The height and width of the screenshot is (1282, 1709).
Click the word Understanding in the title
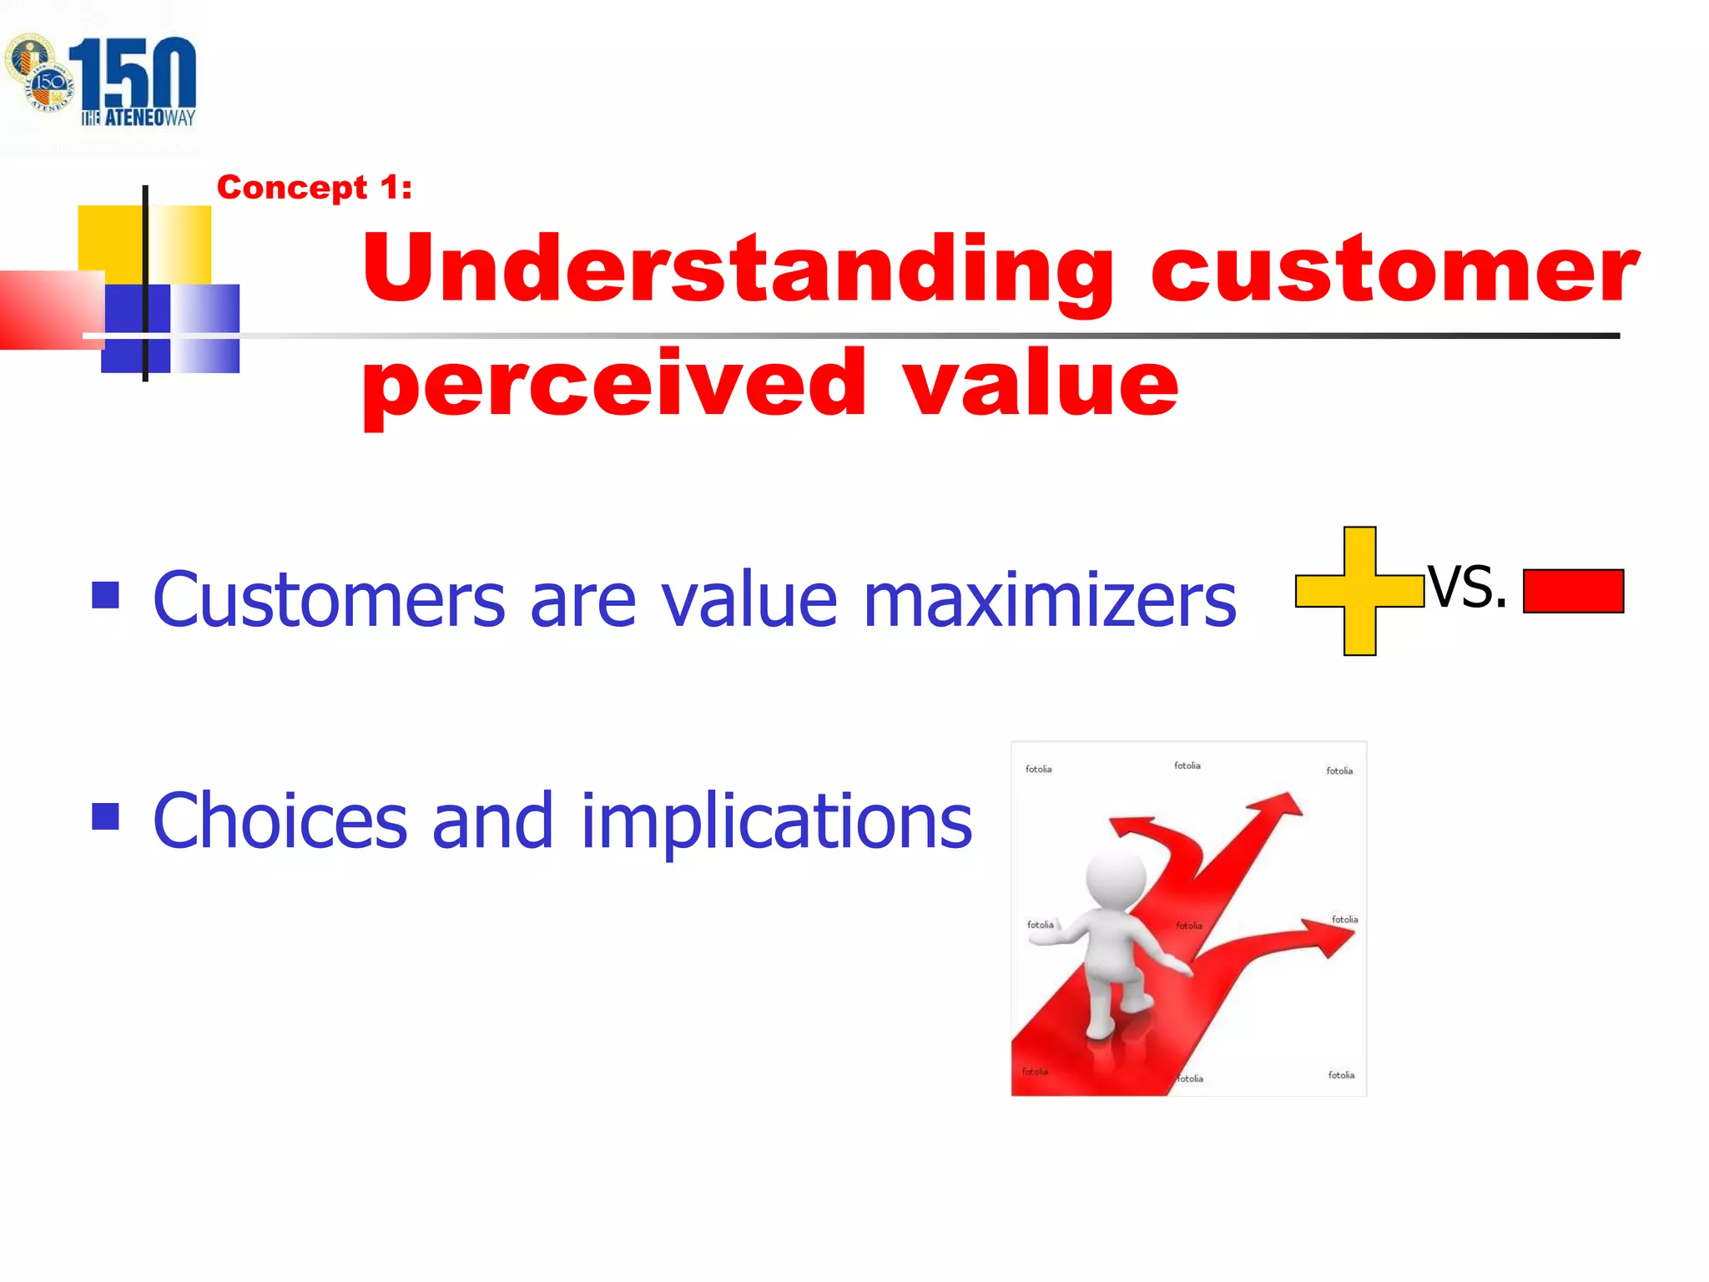[x=739, y=270]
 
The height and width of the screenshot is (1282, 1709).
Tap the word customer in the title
[x=1394, y=270]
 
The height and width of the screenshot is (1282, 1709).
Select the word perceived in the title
[x=614, y=386]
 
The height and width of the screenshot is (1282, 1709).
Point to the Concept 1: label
[x=315, y=188]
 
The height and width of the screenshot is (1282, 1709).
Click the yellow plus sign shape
[x=1359, y=591]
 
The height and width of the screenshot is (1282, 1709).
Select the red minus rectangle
[x=1573, y=591]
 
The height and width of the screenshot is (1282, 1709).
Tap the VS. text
[x=1467, y=587]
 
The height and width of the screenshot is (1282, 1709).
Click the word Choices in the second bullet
[x=280, y=821]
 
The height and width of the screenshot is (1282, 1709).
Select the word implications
[x=776, y=821]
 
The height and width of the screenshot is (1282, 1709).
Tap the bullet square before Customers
[x=105, y=595]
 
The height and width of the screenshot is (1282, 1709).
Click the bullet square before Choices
[x=105, y=816]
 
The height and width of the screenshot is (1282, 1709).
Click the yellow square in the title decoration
[x=110, y=242]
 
